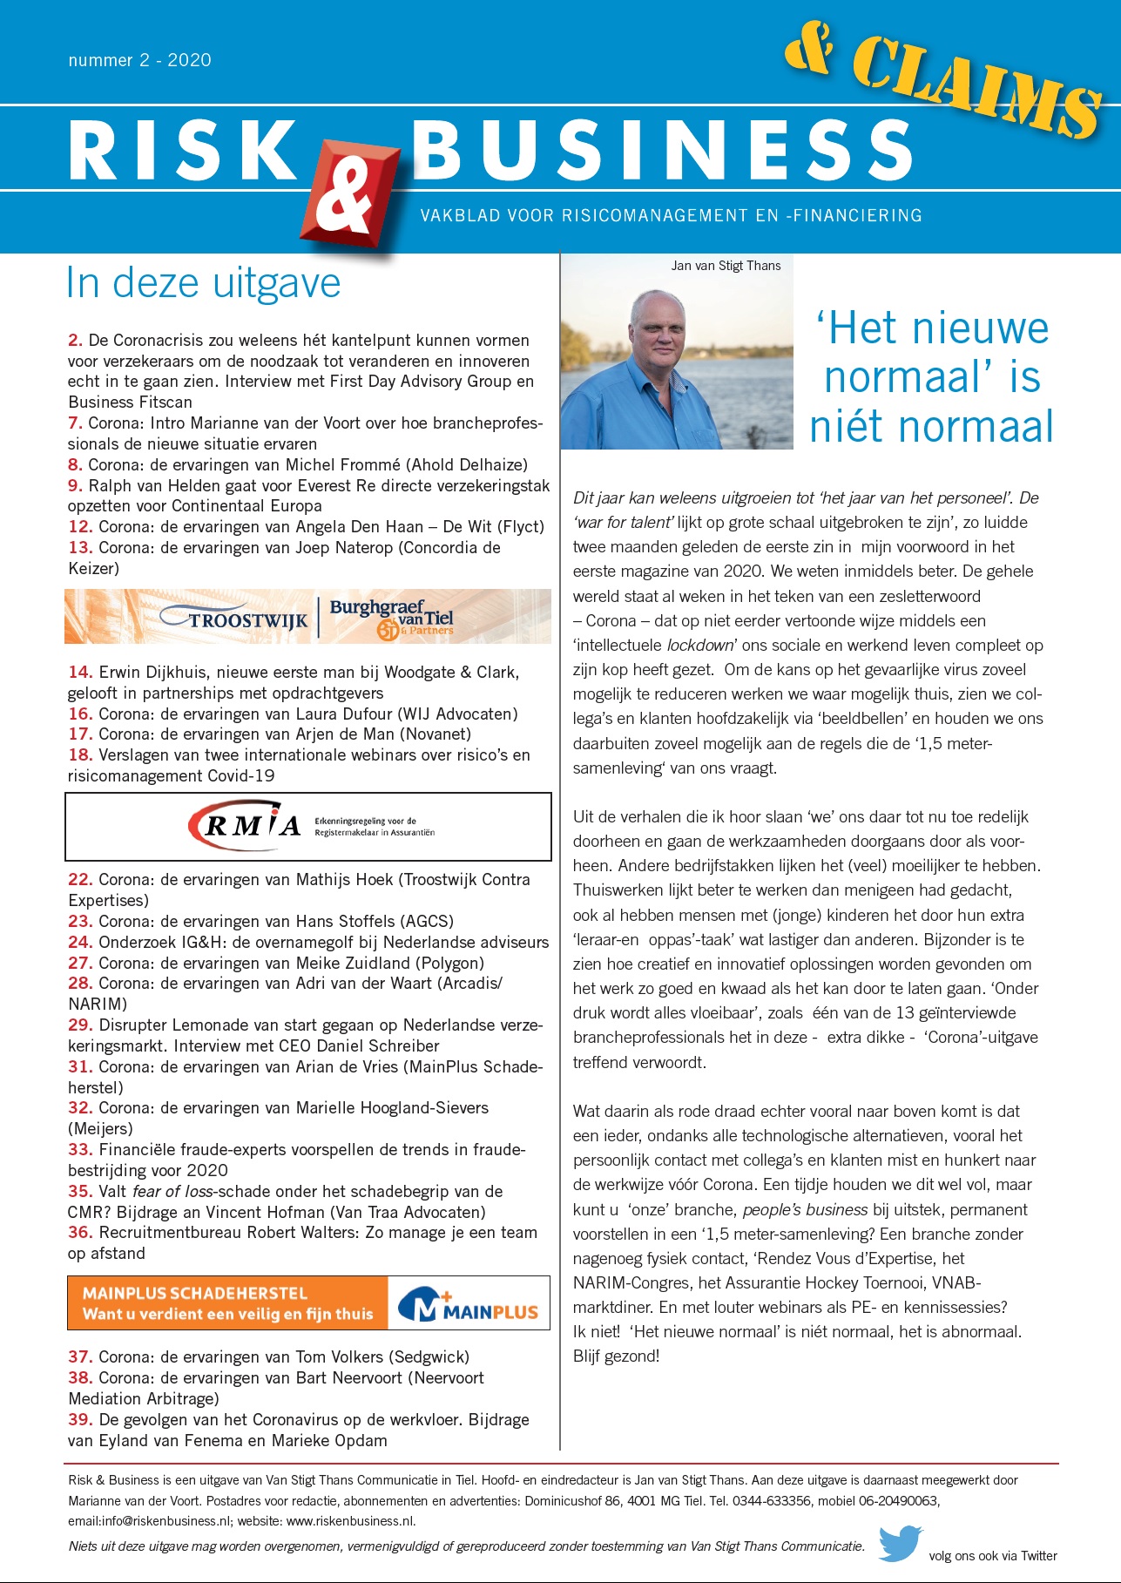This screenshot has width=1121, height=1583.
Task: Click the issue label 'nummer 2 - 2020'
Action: (139, 60)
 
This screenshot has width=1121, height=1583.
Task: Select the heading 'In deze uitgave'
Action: (203, 283)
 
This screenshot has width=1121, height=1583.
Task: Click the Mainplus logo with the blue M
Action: (468, 1303)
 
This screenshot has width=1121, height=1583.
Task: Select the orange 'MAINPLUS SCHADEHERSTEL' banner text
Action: (195, 1293)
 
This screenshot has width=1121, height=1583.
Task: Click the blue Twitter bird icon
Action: (900, 1543)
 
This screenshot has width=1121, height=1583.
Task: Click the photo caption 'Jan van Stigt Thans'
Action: (726, 266)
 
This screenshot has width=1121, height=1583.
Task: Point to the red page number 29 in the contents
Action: (79, 1025)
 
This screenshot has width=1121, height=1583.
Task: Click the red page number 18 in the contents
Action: (79, 755)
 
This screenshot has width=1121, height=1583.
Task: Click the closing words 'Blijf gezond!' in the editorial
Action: (616, 1356)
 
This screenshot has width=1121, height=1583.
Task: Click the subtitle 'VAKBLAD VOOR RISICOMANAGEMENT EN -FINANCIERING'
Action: (671, 215)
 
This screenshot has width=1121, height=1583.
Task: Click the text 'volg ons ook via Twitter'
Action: (993, 1556)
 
